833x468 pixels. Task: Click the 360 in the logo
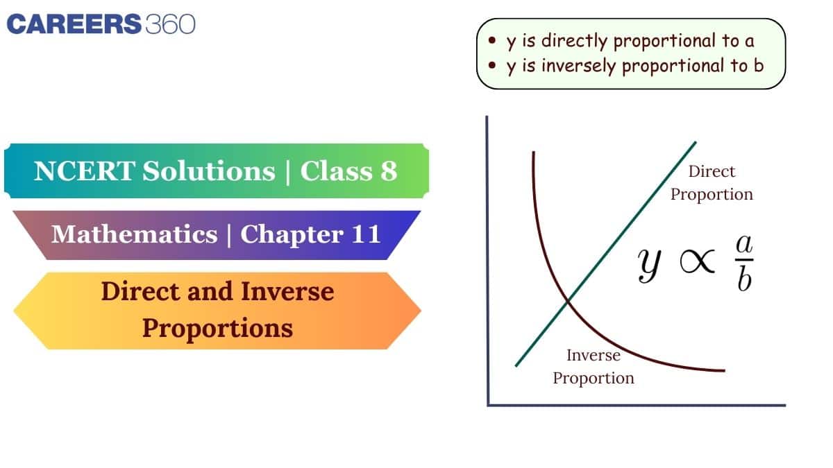(170, 24)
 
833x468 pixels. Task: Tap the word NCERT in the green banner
(83, 171)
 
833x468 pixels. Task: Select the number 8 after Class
(387, 171)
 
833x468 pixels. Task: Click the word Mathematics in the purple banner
(134, 234)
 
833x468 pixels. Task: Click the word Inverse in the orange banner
(287, 291)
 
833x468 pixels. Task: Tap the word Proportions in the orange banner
(217, 327)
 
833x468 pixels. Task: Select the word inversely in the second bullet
(573, 66)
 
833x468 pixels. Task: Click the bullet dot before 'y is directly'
(492, 42)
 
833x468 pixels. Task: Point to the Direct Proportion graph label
(712, 183)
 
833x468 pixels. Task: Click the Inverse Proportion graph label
(594, 367)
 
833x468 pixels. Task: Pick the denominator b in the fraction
(744, 280)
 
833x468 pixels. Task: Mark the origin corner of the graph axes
(488, 405)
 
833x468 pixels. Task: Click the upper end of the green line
(695, 143)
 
